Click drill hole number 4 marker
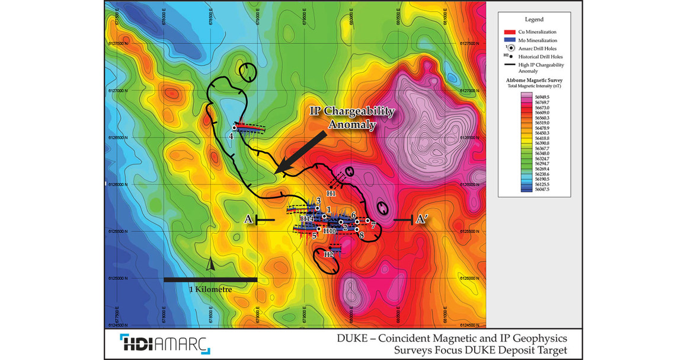click(235, 128)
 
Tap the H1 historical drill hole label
click(332, 193)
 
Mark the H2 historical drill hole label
click(328, 254)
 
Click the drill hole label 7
click(373, 226)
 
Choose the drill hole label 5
click(314, 236)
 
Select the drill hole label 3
click(318, 201)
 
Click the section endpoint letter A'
click(422, 219)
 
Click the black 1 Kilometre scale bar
click(210, 279)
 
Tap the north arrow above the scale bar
click(210, 265)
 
